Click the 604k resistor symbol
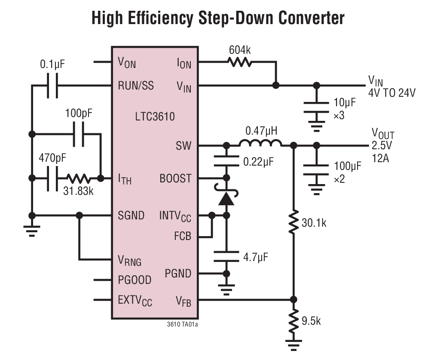click(x=240, y=62)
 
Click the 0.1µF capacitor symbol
click(x=52, y=86)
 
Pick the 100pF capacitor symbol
click(x=79, y=134)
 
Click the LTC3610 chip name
click(x=155, y=116)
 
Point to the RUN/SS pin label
click(x=136, y=86)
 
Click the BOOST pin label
click(x=175, y=178)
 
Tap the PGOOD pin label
click(x=134, y=280)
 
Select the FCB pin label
click(x=183, y=236)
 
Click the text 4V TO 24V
click(x=391, y=92)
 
